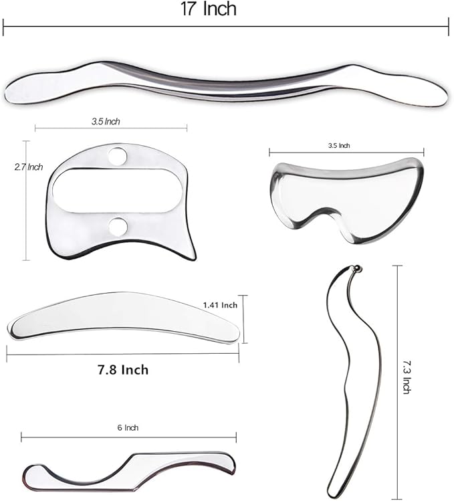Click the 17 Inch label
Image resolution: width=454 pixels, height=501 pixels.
tap(209, 9)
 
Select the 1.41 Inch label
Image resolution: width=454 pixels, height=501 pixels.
tap(220, 305)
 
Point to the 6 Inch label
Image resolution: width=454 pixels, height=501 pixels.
tap(131, 427)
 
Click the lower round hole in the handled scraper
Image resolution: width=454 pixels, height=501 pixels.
tap(118, 227)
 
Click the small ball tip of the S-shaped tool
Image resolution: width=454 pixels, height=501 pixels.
tap(356, 269)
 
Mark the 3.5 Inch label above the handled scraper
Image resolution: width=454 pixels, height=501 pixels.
tap(107, 122)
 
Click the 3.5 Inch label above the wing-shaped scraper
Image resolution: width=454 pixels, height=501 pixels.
tap(339, 145)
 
